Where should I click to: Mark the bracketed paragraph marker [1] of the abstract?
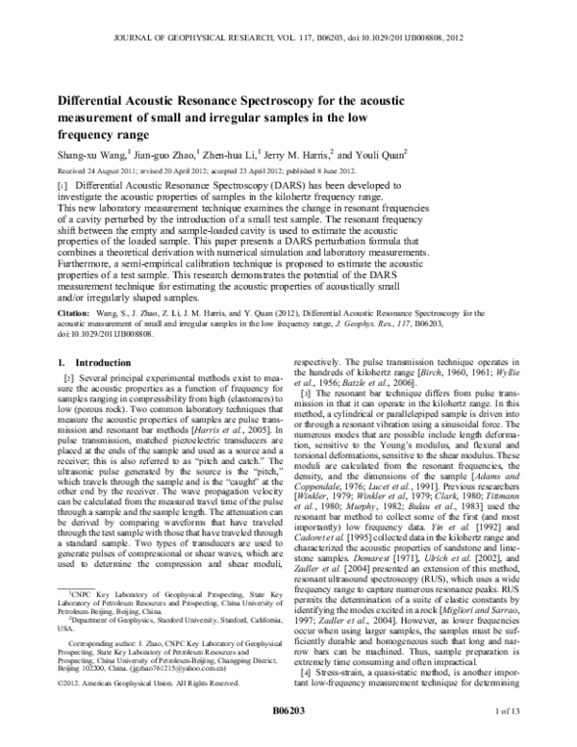(x=63, y=183)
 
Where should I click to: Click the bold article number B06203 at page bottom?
(x=288, y=737)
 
